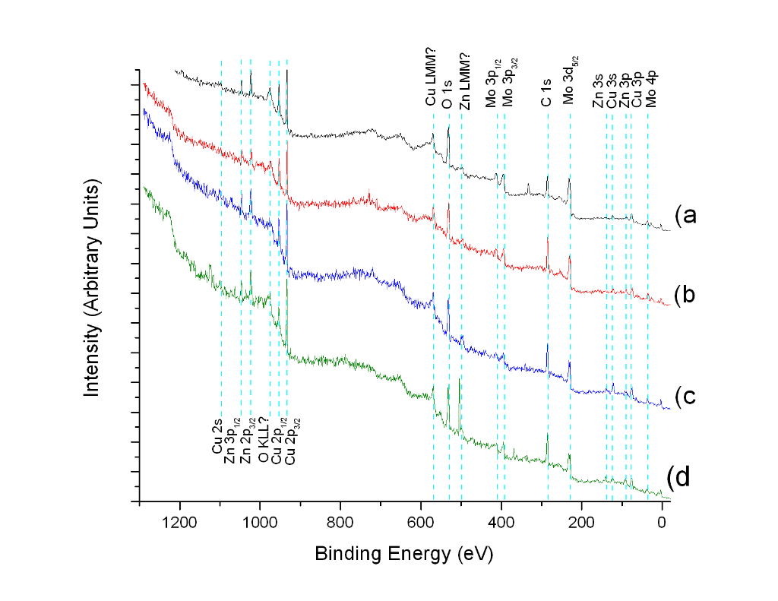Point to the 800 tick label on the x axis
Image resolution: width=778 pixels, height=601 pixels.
click(x=340, y=522)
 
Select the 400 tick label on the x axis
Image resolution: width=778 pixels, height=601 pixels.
click(x=501, y=522)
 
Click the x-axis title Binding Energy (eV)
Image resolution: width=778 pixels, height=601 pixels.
click(x=404, y=555)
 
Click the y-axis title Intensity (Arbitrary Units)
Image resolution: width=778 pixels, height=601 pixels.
click(x=93, y=288)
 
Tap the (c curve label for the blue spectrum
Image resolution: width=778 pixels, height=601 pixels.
click(x=685, y=396)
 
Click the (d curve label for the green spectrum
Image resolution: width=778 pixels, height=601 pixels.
click(x=678, y=477)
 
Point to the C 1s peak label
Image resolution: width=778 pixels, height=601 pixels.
click(x=546, y=93)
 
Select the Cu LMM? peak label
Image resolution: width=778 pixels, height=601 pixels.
click(x=431, y=81)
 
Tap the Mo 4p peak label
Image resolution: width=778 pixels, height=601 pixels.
click(x=650, y=91)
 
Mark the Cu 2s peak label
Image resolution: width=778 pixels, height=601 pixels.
click(x=217, y=441)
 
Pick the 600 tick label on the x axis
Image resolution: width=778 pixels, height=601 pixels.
click(x=421, y=522)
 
